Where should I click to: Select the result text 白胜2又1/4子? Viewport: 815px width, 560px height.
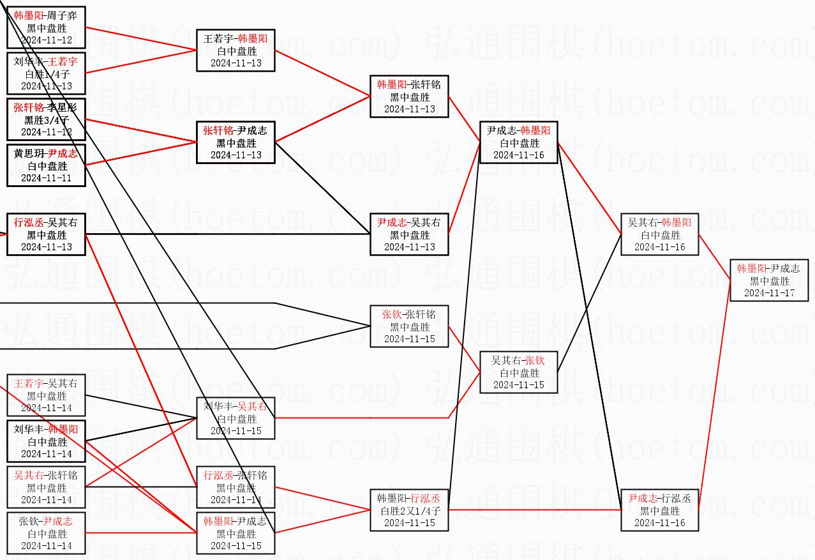click(409, 511)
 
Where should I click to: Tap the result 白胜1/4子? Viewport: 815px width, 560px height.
click(46, 74)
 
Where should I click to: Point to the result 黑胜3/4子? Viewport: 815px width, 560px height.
click(46, 120)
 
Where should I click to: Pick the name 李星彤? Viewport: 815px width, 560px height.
click(63, 108)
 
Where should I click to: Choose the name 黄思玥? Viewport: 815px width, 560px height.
click(28, 154)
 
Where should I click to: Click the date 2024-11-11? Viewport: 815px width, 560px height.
click(46, 178)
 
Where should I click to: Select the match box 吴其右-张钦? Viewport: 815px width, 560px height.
click(518, 372)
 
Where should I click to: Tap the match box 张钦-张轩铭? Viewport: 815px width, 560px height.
click(409, 326)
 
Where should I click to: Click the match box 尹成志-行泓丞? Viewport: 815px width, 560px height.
click(659, 510)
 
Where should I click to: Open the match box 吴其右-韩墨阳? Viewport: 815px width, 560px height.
click(659, 234)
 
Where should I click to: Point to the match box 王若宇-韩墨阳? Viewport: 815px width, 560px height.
click(236, 50)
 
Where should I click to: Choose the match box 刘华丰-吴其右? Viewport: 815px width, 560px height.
click(236, 418)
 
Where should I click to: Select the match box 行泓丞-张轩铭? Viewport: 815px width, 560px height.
click(236, 487)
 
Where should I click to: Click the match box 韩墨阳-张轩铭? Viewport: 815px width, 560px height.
click(409, 96)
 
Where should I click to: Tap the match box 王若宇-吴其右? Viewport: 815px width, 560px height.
click(46, 395)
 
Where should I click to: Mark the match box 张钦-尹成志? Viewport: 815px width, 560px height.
click(46, 533)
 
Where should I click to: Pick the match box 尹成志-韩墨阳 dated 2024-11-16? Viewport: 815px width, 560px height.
click(518, 142)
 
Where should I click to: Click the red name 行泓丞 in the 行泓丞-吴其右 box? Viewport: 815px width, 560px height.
click(29, 223)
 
